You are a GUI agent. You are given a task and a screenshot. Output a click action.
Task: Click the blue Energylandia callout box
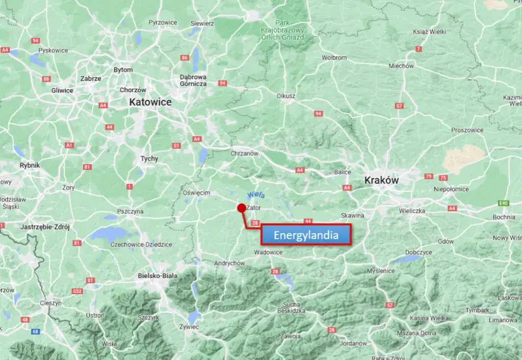pos(306,235)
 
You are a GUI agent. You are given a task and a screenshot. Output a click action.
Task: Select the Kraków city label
pos(382,181)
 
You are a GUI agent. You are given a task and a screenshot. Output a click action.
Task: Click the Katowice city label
pos(150,102)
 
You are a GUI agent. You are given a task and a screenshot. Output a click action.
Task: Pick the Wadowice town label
pos(268,252)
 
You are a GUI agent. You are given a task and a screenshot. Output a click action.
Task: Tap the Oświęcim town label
pos(196,193)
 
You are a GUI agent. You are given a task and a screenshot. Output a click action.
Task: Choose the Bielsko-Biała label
pos(158,276)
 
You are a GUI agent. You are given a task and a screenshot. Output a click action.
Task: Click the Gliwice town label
pos(62,90)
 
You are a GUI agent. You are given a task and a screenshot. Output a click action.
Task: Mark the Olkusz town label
pos(286,95)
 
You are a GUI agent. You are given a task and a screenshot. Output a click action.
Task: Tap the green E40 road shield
pos(504,203)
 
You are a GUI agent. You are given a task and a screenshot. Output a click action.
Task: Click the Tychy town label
pos(150,159)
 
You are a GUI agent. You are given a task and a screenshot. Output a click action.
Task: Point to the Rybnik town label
pos(30,165)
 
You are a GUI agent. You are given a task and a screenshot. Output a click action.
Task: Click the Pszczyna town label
pos(130,211)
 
